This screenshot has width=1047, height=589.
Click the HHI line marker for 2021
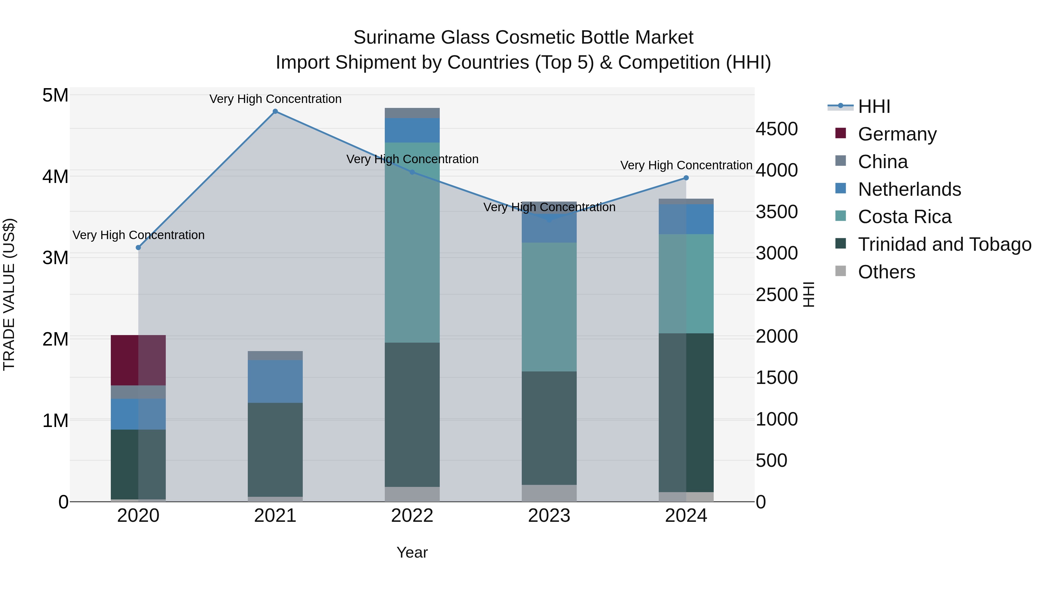(x=275, y=111)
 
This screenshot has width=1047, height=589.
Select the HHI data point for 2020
(x=138, y=248)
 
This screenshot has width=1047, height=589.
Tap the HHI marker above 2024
(x=686, y=178)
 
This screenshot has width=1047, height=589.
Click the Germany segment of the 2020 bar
(x=138, y=360)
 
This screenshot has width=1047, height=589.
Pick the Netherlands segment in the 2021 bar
(x=275, y=381)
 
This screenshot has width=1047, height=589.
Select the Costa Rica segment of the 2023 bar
(x=549, y=307)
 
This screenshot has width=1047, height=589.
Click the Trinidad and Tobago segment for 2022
(x=412, y=414)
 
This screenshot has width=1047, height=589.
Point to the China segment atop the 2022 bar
(x=412, y=113)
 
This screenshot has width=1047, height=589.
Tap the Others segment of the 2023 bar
(x=549, y=493)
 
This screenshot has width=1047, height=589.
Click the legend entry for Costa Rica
(x=904, y=217)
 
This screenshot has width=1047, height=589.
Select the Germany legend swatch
(x=841, y=133)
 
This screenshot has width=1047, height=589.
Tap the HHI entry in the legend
(x=874, y=106)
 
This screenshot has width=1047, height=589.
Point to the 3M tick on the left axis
(x=55, y=258)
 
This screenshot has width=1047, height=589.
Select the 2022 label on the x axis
(x=412, y=516)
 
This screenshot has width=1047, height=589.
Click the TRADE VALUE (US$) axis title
(x=9, y=294)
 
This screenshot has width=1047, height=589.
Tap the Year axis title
(x=412, y=552)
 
